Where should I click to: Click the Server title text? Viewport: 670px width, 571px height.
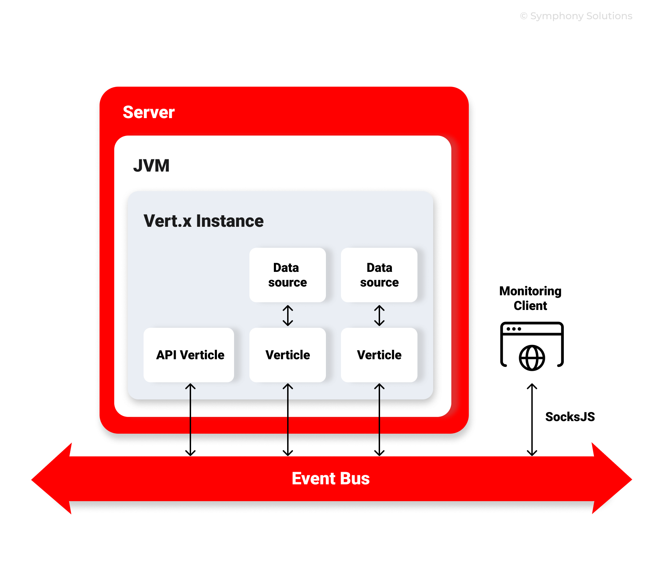pyautogui.click(x=148, y=113)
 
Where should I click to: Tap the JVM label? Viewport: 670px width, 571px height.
pyautogui.click(x=151, y=166)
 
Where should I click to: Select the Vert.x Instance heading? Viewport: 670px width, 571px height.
pyautogui.click(x=203, y=221)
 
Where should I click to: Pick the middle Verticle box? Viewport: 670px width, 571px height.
pyautogui.click(x=287, y=355)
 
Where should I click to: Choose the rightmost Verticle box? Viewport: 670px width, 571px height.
pyautogui.click(x=379, y=355)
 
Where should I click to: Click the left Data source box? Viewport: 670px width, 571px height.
pyautogui.click(x=287, y=275)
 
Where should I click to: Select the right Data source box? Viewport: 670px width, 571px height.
pyautogui.click(x=379, y=275)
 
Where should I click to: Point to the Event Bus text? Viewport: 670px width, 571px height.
pyautogui.click(x=330, y=478)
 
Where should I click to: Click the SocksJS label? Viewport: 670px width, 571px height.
pyautogui.click(x=570, y=417)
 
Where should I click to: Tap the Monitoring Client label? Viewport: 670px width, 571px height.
pyautogui.click(x=530, y=298)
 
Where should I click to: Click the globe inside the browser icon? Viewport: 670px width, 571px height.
pyautogui.click(x=532, y=358)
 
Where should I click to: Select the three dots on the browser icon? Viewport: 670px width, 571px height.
pyautogui.click(x=514, y=329)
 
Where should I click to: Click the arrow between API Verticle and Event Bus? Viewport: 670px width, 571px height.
pyautogui.click(x=190, y=419)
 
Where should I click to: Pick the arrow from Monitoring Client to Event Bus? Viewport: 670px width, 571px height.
pyautogui.click(x=532, y=419)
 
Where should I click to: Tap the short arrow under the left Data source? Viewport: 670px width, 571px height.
pyautogui.click(x=287, y=316)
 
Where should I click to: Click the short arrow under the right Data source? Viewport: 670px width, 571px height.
pyautogui.click(x=379, y=316)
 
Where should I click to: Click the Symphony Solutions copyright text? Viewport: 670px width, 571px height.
pyautogui.click(x=576, y=16)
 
